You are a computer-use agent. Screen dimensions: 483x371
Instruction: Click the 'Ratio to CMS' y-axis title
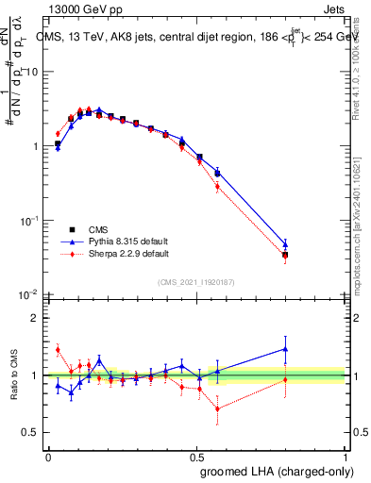(14, 375)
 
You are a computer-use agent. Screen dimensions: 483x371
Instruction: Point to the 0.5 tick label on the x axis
(196, 457)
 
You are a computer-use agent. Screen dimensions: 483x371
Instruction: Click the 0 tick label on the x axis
(48, 457)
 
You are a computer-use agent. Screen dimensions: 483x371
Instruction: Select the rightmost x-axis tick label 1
(346, 457)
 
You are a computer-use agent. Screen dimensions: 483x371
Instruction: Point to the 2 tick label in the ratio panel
(35, 318)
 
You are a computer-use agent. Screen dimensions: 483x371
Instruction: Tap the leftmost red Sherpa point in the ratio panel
(58, 350)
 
